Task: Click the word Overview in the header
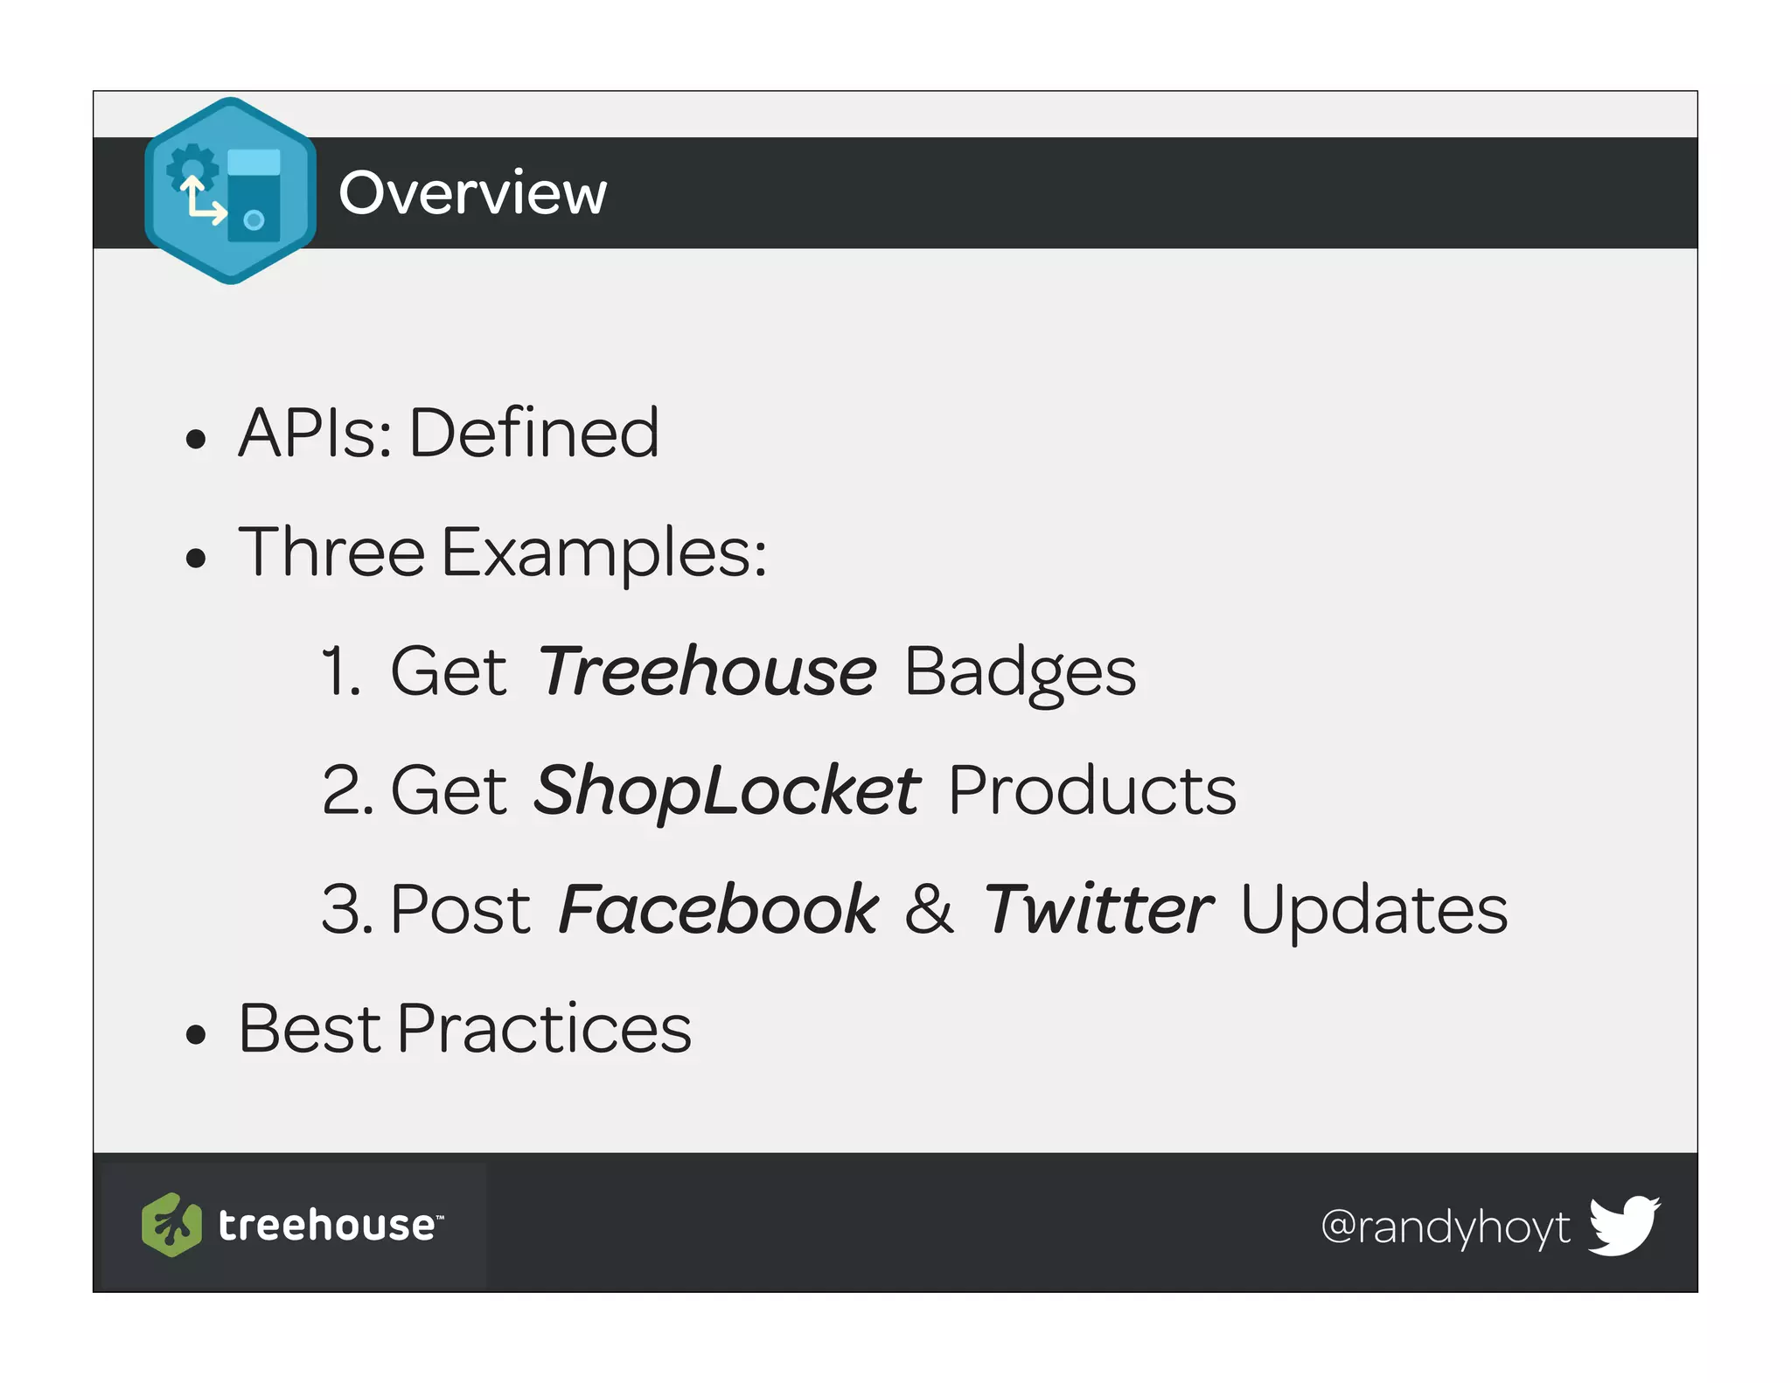point(472,192)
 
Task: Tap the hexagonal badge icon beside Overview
point(231,191)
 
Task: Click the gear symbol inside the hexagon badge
point(192,166)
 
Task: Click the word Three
point(331,553)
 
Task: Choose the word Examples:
point(604,554)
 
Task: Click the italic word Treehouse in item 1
point(707,671)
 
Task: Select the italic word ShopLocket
point(727,791)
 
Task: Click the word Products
point(1092,791)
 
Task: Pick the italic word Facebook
point(718,910)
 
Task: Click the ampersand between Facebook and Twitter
point(929,910)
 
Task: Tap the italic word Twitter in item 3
point(1098,910)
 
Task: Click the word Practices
point(544,1029)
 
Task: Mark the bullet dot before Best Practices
point(196,1035)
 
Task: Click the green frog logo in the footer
point(171,1225)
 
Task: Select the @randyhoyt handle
point(1445,1227)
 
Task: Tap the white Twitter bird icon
point(1624,1224)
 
